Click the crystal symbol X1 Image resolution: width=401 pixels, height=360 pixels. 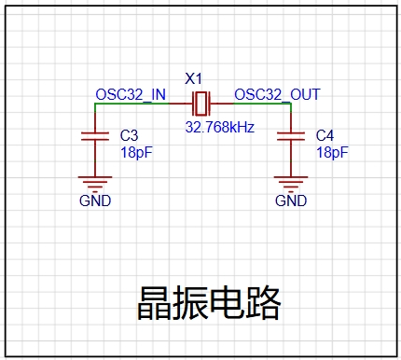click(201, 104)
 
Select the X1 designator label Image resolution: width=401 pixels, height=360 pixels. click(193, 79)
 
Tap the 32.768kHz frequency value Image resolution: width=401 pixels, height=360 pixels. click(220, 127)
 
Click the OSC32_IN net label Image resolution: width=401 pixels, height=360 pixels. click(131, 94)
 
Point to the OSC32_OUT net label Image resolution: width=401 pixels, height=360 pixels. click(277, 94)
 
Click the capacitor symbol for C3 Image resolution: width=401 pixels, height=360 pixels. click(95, 136)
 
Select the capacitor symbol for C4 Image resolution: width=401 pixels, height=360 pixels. click(291, 136)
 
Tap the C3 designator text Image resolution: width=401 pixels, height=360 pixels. click(129, 135)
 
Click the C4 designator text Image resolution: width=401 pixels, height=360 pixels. click(325, 135)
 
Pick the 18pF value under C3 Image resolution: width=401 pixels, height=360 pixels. click(136, 153)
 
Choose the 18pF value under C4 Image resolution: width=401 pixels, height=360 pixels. click(332, 153)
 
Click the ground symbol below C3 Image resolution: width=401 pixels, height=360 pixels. click(95, 183)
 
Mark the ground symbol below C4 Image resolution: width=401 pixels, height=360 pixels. click(291, 183)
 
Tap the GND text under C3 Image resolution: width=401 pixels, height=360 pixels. click(95, 201)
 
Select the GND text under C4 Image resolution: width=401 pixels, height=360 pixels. click(291, 201)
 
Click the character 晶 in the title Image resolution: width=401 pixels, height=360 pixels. click(154, 303)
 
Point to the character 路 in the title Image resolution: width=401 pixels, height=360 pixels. click(263, 303)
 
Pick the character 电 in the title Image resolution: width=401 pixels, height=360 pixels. click(227, 303)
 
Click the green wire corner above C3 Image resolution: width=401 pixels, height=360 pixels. click(95, 104)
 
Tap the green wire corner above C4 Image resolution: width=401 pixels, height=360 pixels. click(291, 104)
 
